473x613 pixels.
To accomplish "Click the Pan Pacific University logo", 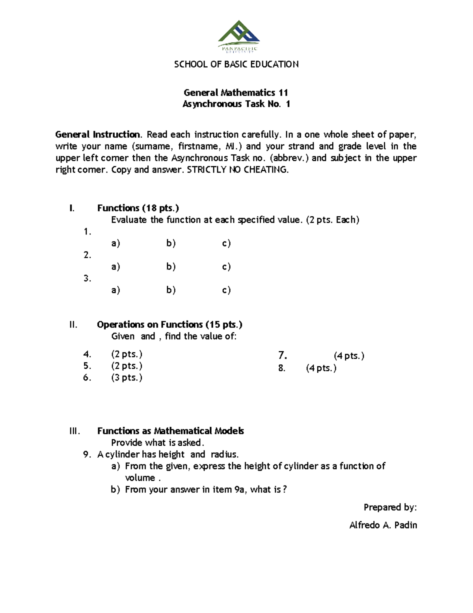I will (238, 37).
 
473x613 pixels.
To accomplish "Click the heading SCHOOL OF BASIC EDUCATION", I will (236, 64).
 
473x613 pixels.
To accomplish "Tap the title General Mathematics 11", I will (236, 93).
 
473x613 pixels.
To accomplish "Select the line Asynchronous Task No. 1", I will (236, 104).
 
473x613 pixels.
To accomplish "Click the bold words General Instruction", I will (97, 135).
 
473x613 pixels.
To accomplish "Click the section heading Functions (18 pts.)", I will (138, 208).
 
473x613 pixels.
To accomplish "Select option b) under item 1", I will (171, 244).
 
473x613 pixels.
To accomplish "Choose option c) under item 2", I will (226, 267).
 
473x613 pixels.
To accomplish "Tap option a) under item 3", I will (115, 290).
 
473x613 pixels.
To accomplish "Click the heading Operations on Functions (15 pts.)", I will (169, 324).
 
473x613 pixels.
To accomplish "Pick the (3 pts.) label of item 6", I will (127, 378).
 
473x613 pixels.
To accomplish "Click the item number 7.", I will (282, 356).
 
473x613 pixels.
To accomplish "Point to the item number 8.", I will (281, 368).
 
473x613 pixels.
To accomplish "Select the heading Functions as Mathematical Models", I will (170, 431).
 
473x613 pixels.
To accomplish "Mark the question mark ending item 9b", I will (285, 490).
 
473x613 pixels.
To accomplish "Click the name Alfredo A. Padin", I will (383, 525).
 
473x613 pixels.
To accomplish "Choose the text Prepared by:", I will (390, 507).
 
